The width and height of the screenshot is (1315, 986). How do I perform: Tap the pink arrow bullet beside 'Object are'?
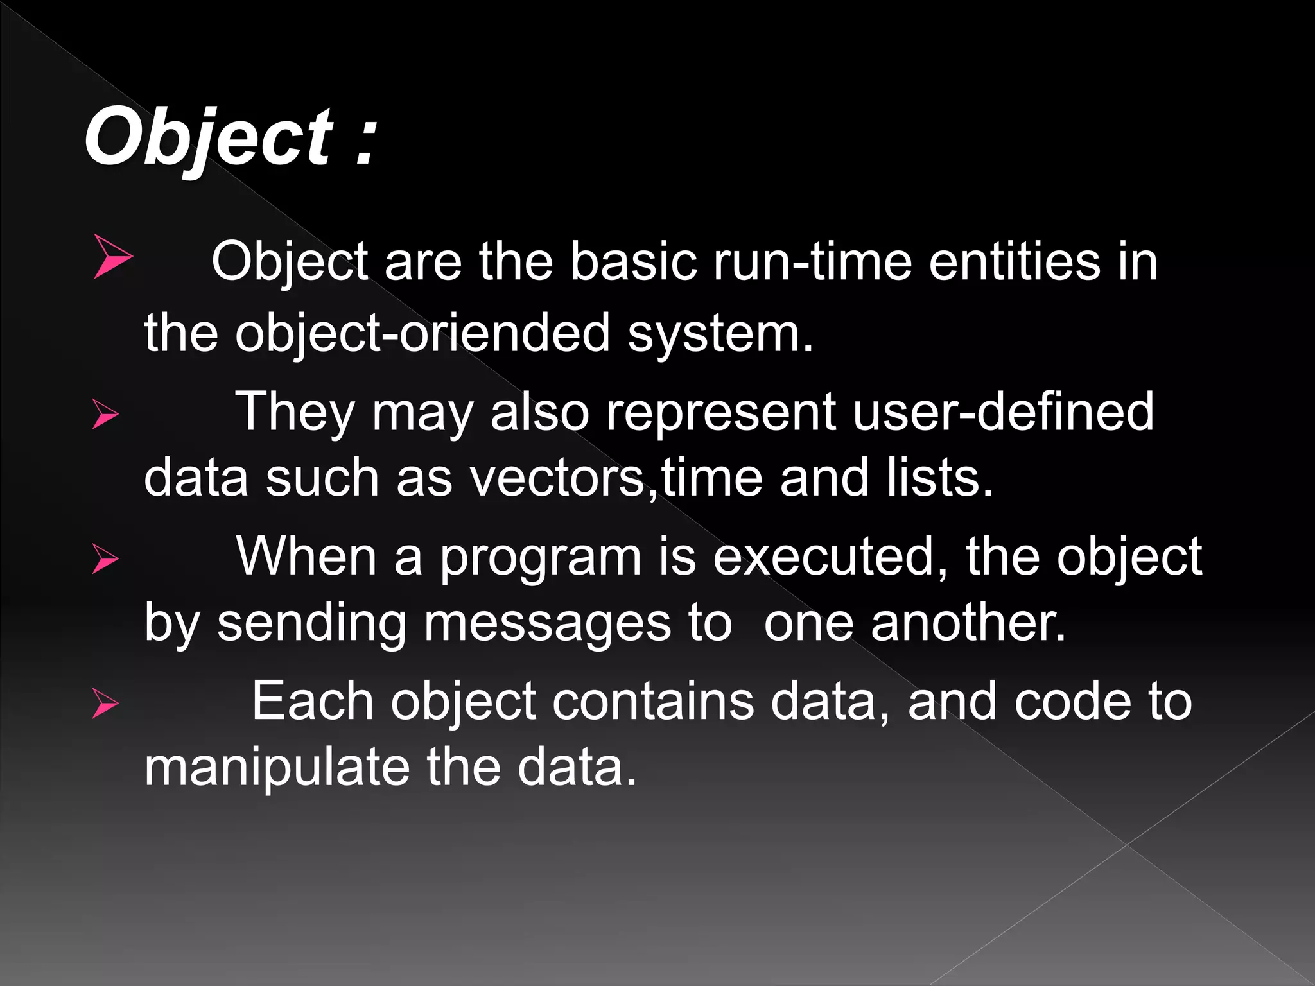click(112, 257)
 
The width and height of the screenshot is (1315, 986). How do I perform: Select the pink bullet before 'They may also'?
click(105, 414)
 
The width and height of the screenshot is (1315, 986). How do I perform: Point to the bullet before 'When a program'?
click(105, 558)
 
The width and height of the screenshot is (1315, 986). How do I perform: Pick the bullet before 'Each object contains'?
click(105, 703)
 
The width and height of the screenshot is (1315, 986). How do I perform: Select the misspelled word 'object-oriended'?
click(422, 334)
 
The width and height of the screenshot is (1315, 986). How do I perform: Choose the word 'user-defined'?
click(1003, 411)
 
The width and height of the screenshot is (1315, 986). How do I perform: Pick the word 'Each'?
click(313, 702)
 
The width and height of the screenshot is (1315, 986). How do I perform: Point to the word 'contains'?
click(653, 702)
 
